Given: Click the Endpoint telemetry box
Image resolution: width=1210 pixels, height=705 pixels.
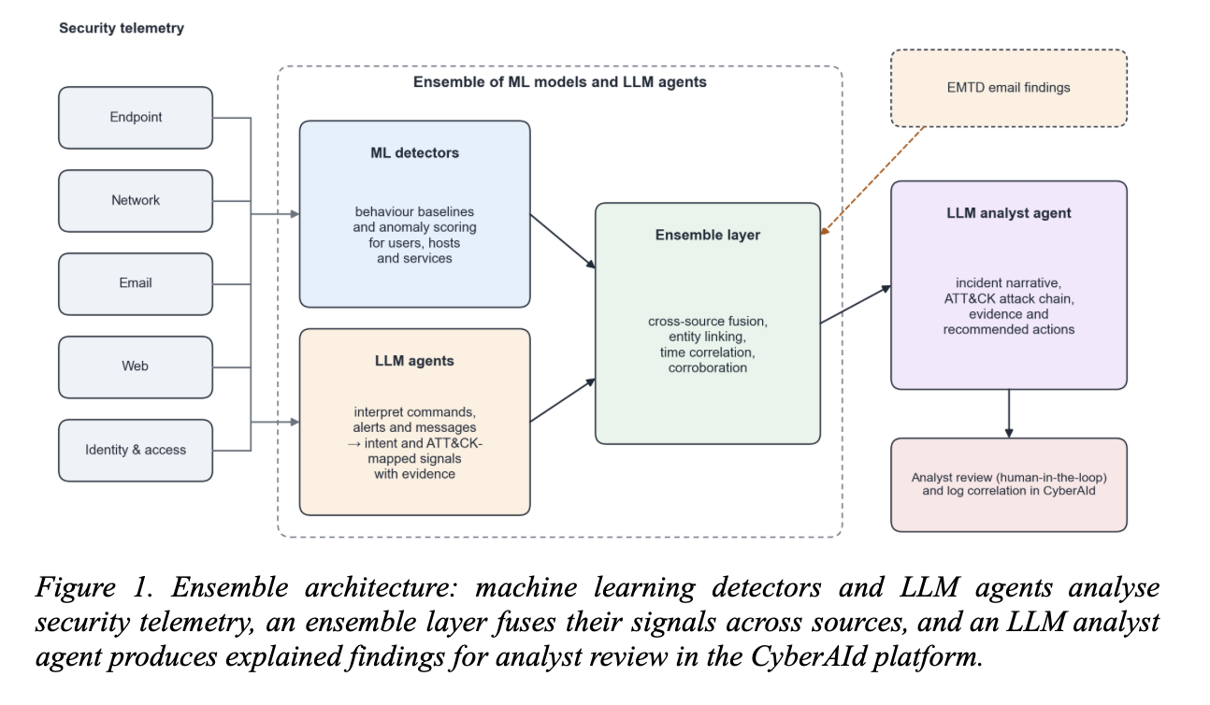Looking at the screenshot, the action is coord(136,118).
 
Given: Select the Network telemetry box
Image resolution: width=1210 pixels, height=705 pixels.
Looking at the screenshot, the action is coord(136,201).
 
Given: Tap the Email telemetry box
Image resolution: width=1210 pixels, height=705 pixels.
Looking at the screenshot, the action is coord(136,284).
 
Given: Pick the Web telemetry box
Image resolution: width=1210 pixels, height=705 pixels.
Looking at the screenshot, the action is coord(136,367).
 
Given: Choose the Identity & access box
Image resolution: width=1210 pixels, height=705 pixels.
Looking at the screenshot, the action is coord(136,451).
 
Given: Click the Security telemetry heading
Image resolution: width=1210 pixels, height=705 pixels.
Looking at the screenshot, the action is coord(122,28).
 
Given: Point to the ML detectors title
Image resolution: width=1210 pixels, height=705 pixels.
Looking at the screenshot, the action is coord(415,153).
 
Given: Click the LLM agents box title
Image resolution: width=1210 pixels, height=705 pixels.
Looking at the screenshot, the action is coord(415,361).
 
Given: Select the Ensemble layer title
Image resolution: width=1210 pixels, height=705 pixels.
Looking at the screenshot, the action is coord(708,235).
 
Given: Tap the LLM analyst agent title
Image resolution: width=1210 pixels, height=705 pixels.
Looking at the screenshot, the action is coord(1009,213).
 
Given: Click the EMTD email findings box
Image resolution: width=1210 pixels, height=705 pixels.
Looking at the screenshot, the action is coord(1009,88).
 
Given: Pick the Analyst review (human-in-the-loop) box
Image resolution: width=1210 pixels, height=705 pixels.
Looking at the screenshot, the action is coord(1009,484).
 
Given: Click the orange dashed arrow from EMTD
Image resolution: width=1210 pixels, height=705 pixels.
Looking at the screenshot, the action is coord(873,180).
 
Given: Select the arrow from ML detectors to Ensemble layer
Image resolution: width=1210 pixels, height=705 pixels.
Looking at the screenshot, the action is coord(562,241).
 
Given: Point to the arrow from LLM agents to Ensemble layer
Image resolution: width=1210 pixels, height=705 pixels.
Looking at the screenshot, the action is coord(562,400).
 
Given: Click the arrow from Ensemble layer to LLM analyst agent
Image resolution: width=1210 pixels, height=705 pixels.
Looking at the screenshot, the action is coord(856,304).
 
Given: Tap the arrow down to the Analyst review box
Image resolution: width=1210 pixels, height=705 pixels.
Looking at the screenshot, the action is coord(1009,413).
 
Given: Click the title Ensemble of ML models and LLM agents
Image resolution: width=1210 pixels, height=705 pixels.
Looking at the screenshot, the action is coord(559,82).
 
